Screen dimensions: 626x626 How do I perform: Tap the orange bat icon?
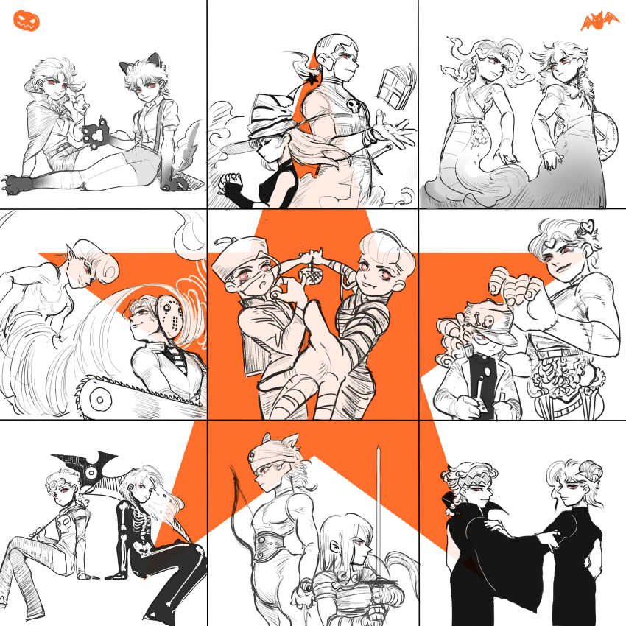599,21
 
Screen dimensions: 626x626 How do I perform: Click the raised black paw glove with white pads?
98,136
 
